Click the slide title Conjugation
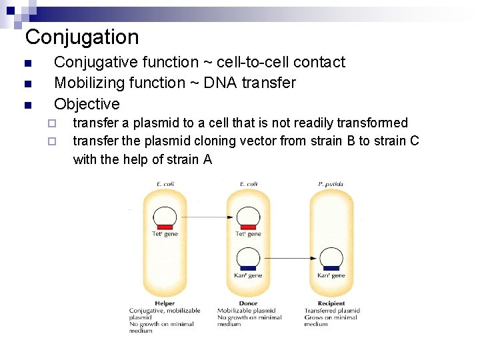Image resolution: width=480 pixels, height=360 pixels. click(82, 37)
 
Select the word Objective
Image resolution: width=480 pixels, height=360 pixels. click(87, 104)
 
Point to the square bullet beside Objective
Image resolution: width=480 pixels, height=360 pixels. click(27, 105)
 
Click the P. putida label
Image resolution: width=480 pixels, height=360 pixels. click(331, 184)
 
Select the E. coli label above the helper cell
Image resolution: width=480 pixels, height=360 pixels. click(164, 184)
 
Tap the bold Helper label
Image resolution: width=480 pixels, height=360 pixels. click(165, 304)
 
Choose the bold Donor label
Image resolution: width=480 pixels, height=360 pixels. click(248, 304)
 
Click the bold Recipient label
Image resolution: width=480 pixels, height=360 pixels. click(331, 304)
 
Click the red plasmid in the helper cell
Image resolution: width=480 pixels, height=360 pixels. click(165, 218)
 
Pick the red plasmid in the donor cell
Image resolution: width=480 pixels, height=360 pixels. click(248, 218)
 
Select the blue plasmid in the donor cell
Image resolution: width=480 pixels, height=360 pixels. click(248, 259)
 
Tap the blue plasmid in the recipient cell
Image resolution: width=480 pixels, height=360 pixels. click(331, 259)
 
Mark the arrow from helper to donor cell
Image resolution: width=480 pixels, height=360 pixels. click(206, 217)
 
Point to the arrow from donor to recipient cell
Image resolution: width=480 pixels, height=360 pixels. click(289, 258)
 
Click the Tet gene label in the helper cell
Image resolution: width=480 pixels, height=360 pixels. click(165, 234)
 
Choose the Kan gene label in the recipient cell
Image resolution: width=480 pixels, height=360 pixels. click(331, 275)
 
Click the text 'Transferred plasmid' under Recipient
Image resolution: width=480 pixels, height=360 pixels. click(332, 311)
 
